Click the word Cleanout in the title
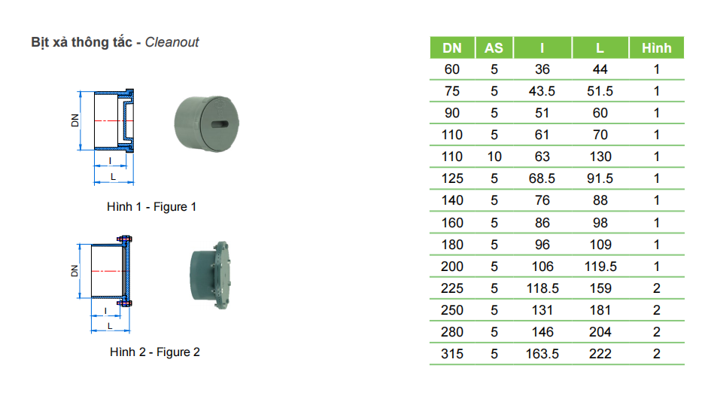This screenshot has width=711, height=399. [x=172, y=42]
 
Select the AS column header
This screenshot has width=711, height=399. [x=494, y=47]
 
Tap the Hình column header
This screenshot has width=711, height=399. [x=656, y=47]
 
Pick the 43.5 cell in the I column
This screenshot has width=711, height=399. [x=542, y=91]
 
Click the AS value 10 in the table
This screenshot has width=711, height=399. [x=494, y=157]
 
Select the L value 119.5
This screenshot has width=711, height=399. [x=600, y=267]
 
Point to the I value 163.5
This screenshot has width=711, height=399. [x=542, y=354]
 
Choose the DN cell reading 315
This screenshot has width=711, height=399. [x=452, y=354]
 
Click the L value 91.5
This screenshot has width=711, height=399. [x=600, y=178]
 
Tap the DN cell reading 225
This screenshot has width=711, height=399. [x=452, y=288]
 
